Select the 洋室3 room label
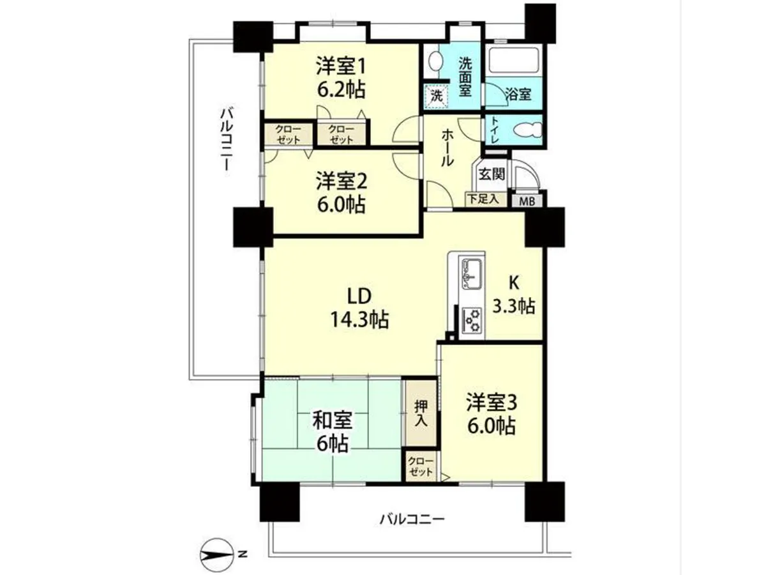coord(492,404)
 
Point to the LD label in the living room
coord(359,296)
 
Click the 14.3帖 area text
coord(359,319)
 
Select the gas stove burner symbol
coord(472,320)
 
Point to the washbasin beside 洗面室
coord(435,62)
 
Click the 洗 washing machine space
coord(436,96)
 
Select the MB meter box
coord(527,201)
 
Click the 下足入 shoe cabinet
coord(485,199)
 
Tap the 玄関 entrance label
coord(491,174)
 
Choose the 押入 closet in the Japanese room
coord(421,413)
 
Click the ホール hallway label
coord(447,148)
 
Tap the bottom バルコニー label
coord(412,528)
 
